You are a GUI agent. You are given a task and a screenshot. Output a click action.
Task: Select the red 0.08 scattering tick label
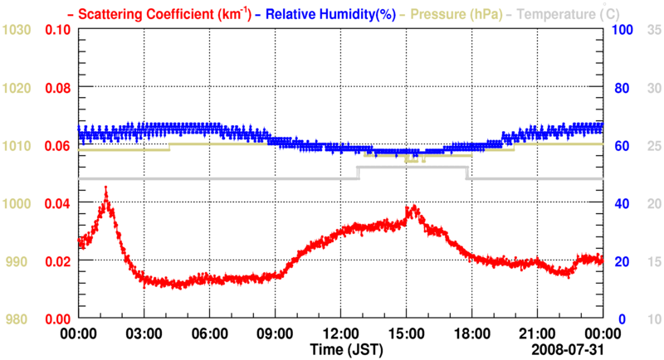point(57,88)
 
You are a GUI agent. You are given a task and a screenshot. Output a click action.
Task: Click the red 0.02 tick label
point(57,261)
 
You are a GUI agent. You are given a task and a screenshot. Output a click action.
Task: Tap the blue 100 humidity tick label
point(623,30)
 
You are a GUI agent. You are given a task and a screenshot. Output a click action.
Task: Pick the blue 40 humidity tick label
point(620,203)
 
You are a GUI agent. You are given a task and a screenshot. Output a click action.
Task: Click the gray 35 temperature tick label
point(653,30)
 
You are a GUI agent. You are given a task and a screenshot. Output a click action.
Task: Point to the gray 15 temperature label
point(653,261)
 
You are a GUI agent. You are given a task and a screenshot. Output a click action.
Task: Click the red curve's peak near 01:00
point(105,191)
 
